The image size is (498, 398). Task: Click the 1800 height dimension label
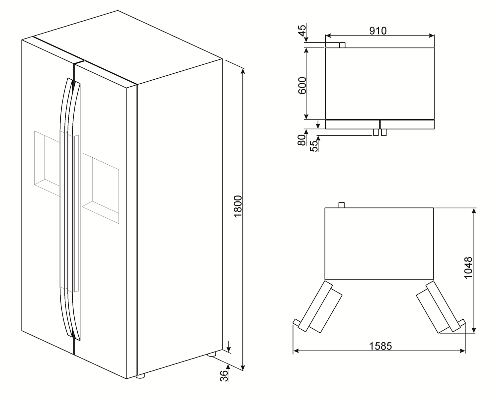click(x=238, y=206)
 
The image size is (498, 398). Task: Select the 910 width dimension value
click(x=378, y=31)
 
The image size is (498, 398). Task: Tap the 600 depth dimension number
click(x=302, y=85)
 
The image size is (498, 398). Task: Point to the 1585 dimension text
click(x=380, y=346)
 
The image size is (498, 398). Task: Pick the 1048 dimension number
click(x=468, y=268)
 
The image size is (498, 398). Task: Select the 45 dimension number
click(x=302, y=31)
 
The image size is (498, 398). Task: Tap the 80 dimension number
click(x=301, y=140)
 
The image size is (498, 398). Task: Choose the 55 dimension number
click(x=314, y=146)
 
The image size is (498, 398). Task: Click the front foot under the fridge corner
click(x=140, y=376)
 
